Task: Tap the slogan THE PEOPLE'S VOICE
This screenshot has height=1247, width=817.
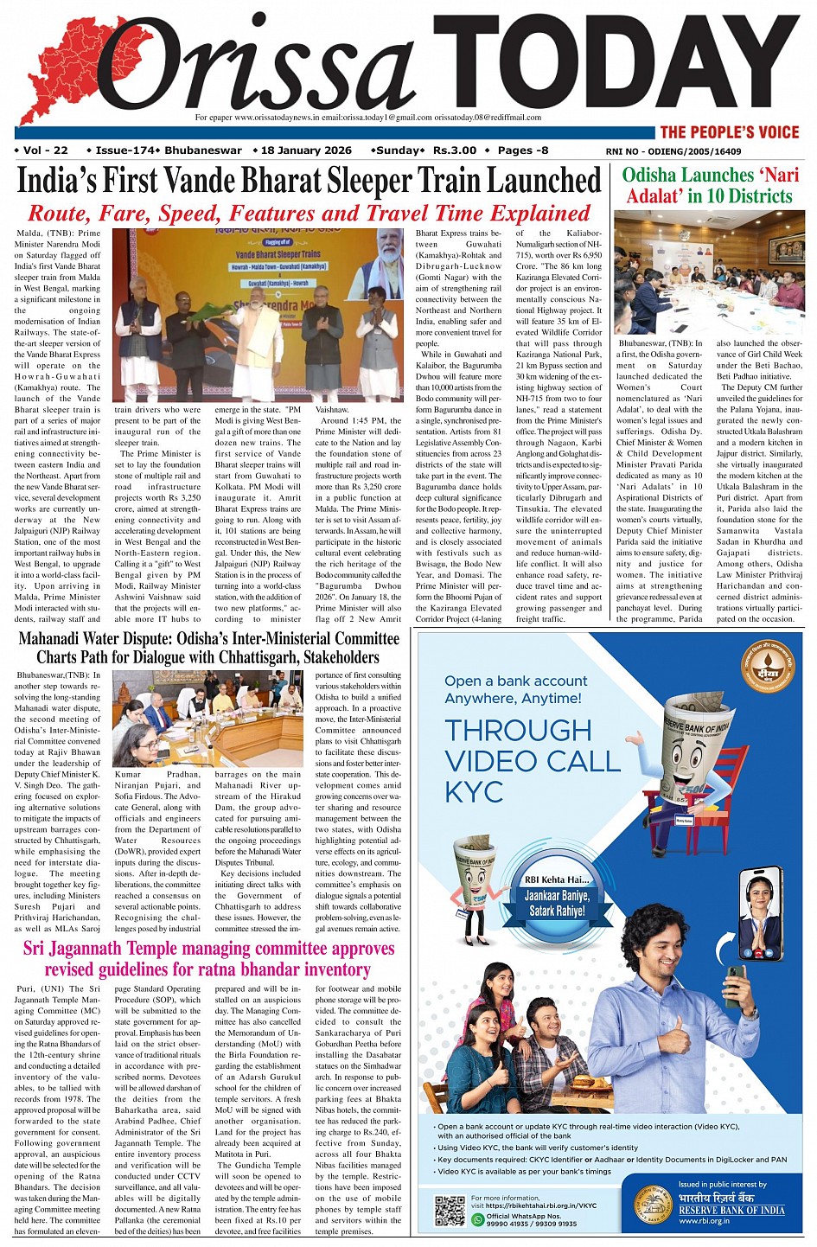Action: (729, 132)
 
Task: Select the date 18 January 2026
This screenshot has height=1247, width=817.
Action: (303, 150)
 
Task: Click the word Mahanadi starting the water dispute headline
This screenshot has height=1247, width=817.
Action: (57, 640)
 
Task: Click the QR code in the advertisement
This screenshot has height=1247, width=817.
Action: (450, 1210)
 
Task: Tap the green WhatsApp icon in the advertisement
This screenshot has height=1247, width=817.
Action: (477, 1219)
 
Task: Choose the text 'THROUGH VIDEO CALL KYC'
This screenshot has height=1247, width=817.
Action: (532, 760)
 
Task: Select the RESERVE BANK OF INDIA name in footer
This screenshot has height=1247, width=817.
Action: (731, 1210)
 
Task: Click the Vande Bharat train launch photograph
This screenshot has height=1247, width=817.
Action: (259, 315)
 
